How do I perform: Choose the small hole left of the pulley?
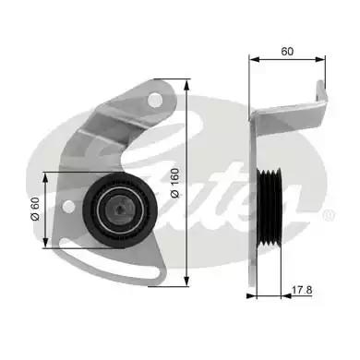(x=69, y=203)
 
